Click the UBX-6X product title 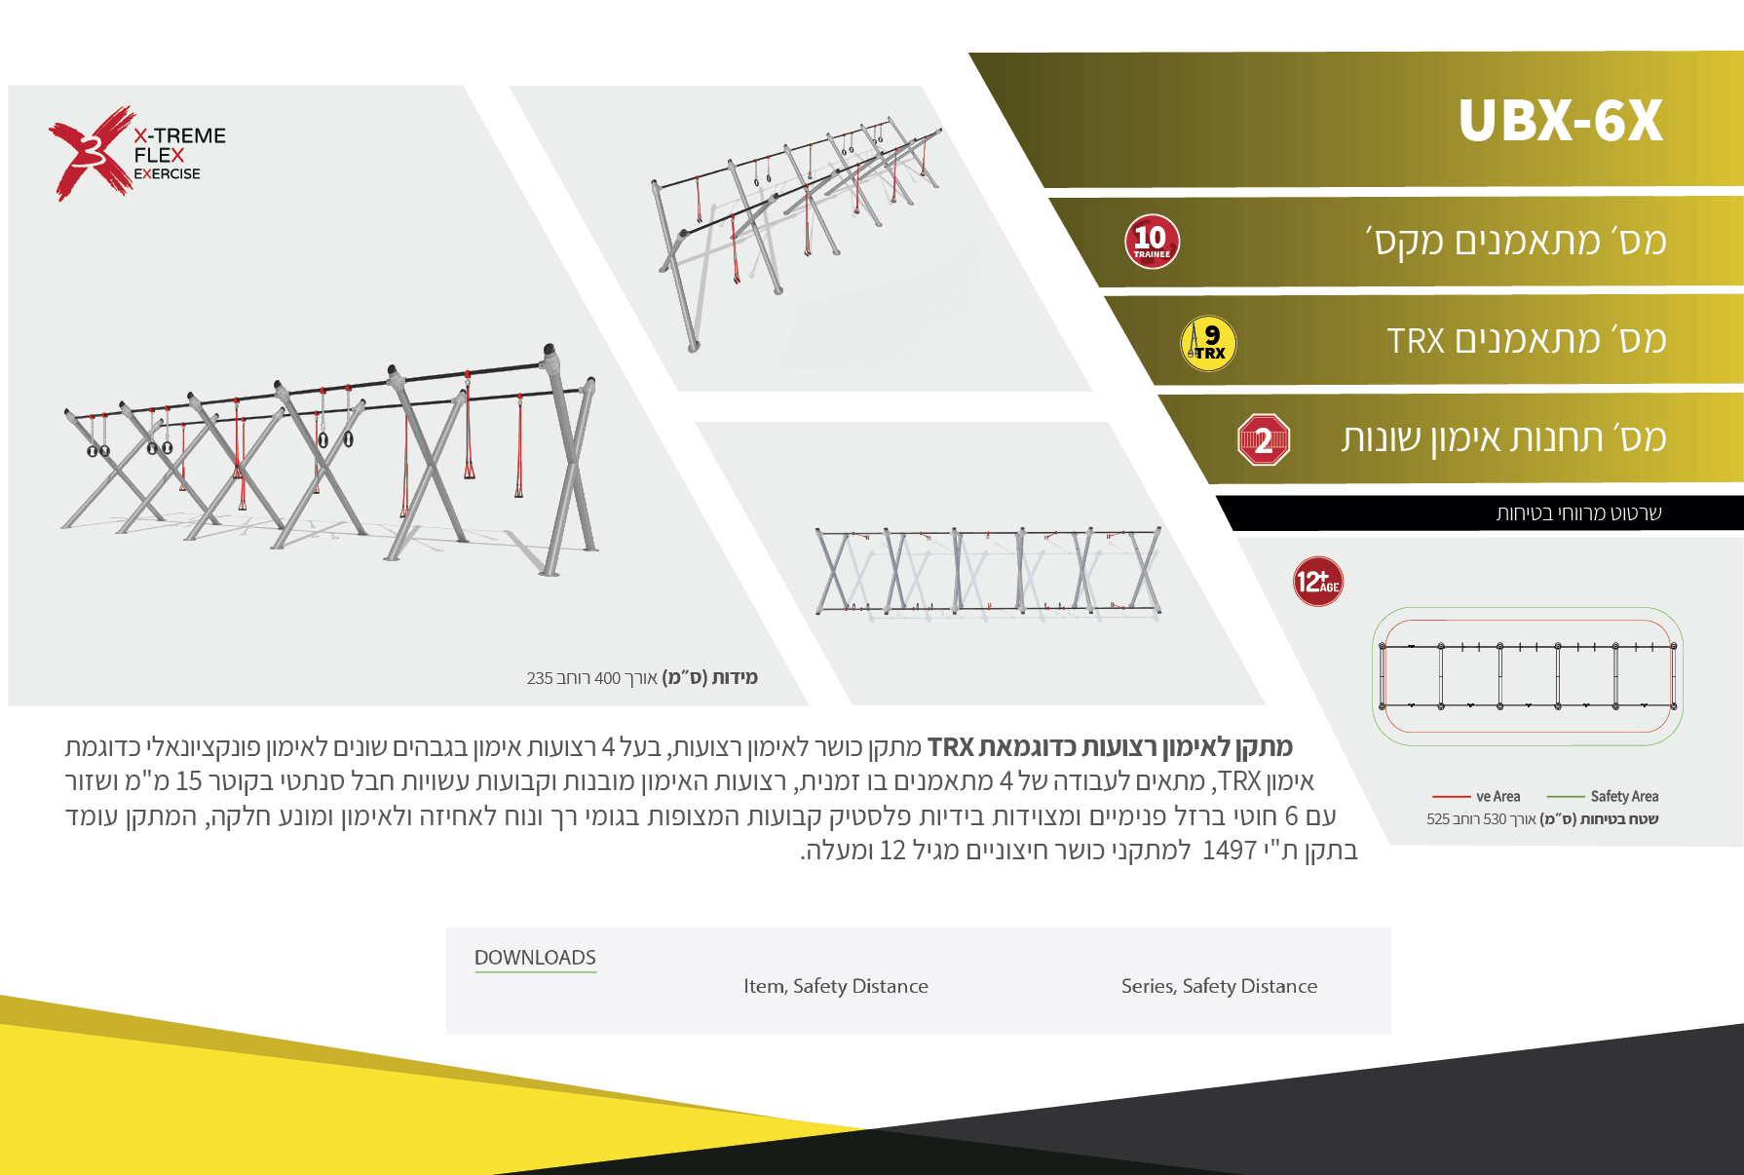[1560, 121]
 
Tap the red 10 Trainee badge [1152, 242]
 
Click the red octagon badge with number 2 [1264, 440]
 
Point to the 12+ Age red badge [1318, 582]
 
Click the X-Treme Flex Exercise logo [137, 153]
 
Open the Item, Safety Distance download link [836, 986]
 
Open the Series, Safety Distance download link [1219, 986]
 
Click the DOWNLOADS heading [535, 958]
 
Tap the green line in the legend [1566, 796]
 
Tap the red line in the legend [1452, 796]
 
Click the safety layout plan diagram [1527, 676]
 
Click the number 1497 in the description [1230, 851]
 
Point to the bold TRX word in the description [951, 747]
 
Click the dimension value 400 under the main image [607, 678]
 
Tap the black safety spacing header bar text [1579, 513]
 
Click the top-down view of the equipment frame [988, 572]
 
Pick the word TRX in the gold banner [1416, 341]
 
